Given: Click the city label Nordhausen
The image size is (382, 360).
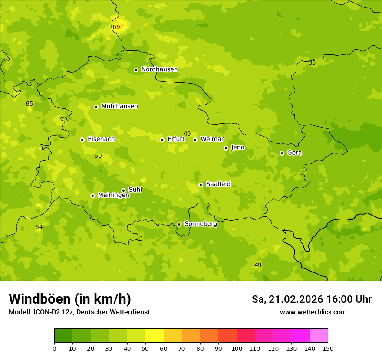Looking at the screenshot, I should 159,69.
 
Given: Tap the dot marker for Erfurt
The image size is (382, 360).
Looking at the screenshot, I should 162,140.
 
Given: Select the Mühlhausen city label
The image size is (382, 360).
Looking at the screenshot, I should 119,106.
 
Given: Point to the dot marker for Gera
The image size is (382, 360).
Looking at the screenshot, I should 282,153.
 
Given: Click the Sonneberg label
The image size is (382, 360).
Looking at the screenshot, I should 201,224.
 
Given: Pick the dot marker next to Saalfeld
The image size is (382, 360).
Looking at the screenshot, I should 201,185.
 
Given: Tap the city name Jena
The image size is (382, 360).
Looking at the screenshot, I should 238,147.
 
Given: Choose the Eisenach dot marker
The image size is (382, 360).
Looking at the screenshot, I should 82,140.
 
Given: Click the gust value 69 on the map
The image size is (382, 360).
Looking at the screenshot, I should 116,27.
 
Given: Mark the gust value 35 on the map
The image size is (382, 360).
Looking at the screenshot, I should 312,62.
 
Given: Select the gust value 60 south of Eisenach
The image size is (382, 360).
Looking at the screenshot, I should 98,156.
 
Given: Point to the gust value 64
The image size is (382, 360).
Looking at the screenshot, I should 39,227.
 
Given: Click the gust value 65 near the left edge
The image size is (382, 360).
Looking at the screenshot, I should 29,104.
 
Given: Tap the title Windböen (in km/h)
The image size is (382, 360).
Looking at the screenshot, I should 70,299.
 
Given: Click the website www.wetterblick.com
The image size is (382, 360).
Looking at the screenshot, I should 313,312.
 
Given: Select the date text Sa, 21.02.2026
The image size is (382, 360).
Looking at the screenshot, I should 287,299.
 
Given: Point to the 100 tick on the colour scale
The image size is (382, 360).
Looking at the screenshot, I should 237,348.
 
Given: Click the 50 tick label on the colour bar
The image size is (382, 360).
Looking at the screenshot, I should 145,348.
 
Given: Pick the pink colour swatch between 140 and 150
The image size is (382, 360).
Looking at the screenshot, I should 319,336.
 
